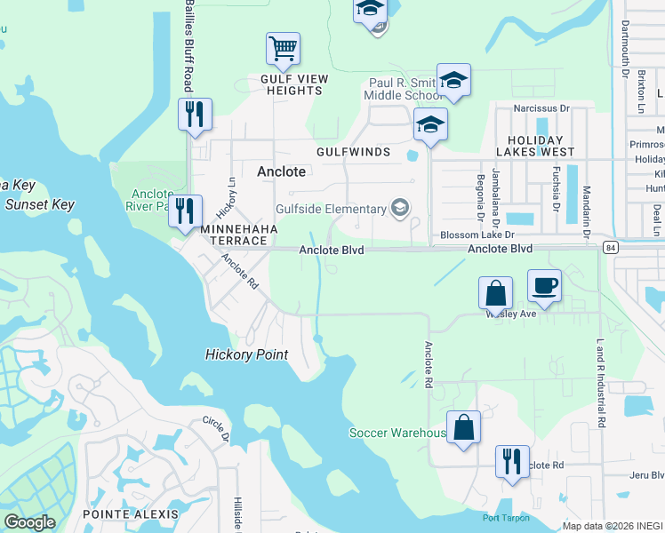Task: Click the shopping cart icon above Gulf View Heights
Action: (x=283, y=49)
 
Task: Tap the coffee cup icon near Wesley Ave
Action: (x=544, y=286)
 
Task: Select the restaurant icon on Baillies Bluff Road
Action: (x=194, y=115)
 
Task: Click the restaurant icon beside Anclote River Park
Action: (x=185, y=211)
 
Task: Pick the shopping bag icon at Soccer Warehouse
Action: (x=463, y=427)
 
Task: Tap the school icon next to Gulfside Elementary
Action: (x=400, y=209)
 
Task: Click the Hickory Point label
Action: (x=246, y=354)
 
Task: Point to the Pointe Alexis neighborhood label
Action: (x=131, y=514)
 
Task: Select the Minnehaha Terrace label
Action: (x=240, y=228)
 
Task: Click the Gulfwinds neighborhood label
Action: (x=353, y=152)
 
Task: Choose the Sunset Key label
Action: (x=40, y=204)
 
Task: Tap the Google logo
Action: (x=29, y=522)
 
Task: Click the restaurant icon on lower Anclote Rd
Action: (x=512, y=462)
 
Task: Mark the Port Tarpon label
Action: (x=506, y=518)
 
